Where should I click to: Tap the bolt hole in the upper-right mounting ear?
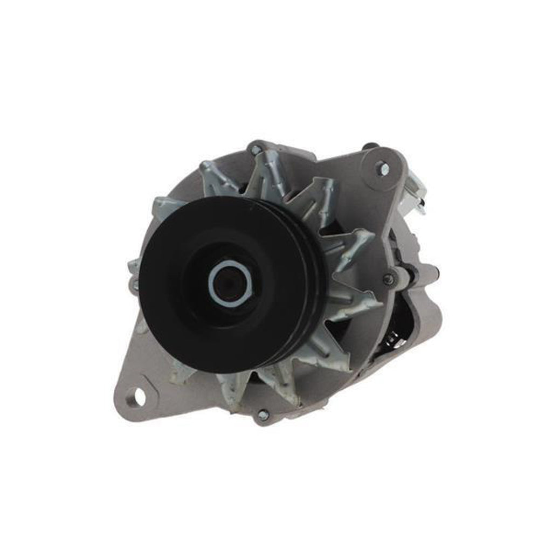[383, 168]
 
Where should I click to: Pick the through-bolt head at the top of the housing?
[257, 149]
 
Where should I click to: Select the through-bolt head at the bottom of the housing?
[263, 415]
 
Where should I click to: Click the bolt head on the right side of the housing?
[388, 279]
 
